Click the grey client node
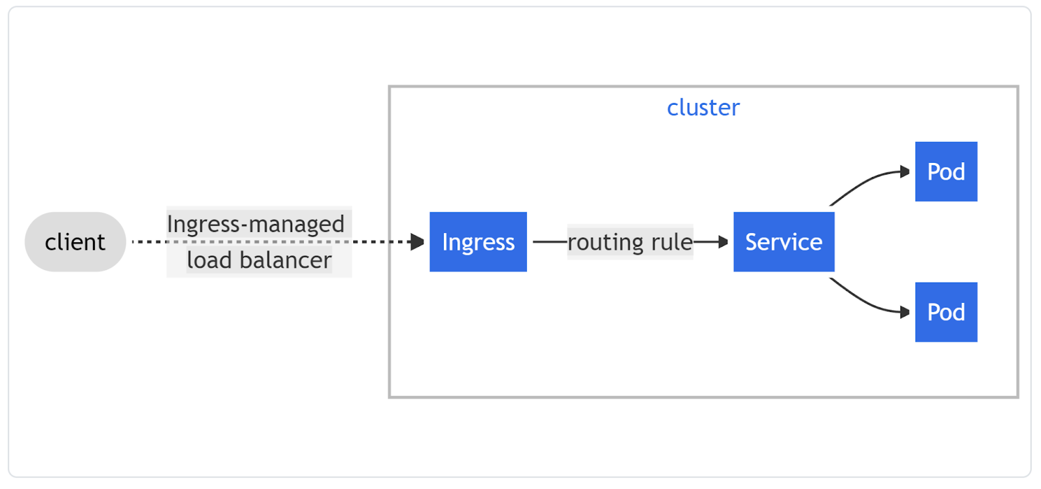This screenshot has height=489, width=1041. coord(75,242)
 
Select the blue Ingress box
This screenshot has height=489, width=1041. coord(478,242)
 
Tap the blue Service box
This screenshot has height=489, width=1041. coord(783,242)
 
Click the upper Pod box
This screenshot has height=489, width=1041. coord(945,172)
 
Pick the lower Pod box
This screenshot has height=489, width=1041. coord(945,313)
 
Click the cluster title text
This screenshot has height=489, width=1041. coord(703,107)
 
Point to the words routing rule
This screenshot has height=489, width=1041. coord(630,242)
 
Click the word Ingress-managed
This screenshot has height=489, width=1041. coord(256,224)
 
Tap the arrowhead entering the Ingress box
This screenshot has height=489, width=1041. coord(418,242)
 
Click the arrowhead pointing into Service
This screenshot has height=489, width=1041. coord(723,242)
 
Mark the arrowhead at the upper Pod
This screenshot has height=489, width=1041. coord(904,172)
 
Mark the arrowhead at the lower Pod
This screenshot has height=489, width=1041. coord(904,313)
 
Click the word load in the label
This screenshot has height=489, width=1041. coord(209,260)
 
